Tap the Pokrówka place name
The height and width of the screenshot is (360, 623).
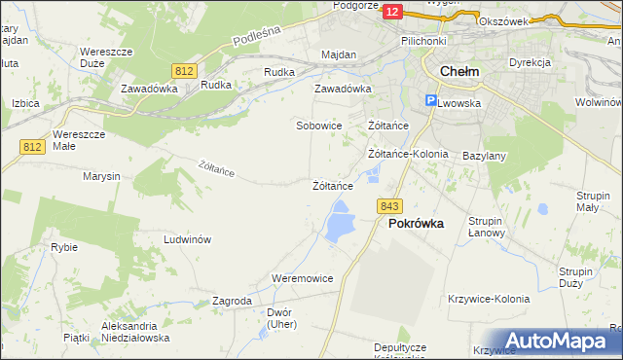tap(416, 223)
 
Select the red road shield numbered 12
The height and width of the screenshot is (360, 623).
tap(392, 11)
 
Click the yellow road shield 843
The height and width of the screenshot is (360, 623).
tap(390, 205)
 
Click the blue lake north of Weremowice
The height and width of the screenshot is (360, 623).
tap(340, 222)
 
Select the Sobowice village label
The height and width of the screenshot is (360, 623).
tap(318, 126)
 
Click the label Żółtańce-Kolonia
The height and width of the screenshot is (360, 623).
tap(408, 154)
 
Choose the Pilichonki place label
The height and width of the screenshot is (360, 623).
tap(423, 41)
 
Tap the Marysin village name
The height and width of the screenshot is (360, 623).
tap(101, 176)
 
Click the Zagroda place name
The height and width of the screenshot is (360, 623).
tap(232, 302)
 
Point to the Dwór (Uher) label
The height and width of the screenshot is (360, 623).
tap(279, 318)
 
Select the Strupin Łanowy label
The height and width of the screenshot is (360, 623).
tap(485, 227)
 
